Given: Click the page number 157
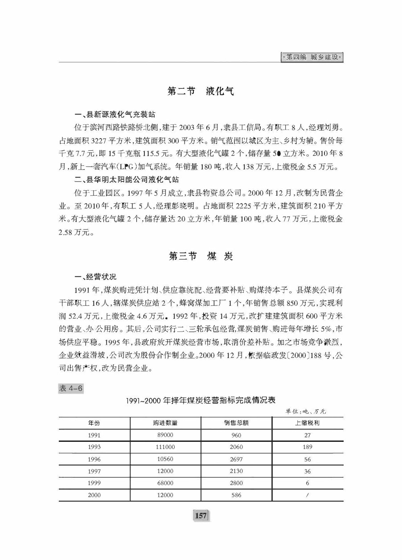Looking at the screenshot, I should point(201,516).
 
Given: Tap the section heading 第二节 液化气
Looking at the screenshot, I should point(201,91).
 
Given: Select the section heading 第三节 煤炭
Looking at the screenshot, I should point(201,256).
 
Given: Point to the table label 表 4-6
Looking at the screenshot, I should point(71,388).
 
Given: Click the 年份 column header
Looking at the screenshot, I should point(94,423).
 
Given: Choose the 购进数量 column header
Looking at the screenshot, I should point(165,423).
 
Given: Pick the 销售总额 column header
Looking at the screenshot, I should point(236,423).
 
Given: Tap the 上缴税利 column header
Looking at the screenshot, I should point(308,423).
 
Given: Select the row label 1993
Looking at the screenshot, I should point(94,447).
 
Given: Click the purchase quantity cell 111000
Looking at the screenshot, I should point(165,447).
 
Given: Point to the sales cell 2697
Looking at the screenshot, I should point(236,459).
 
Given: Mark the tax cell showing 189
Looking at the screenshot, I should point(308,447).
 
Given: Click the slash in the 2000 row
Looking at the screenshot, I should point(308,495).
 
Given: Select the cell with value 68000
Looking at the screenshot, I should point(165,483).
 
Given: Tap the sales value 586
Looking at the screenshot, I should point(236,495).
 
